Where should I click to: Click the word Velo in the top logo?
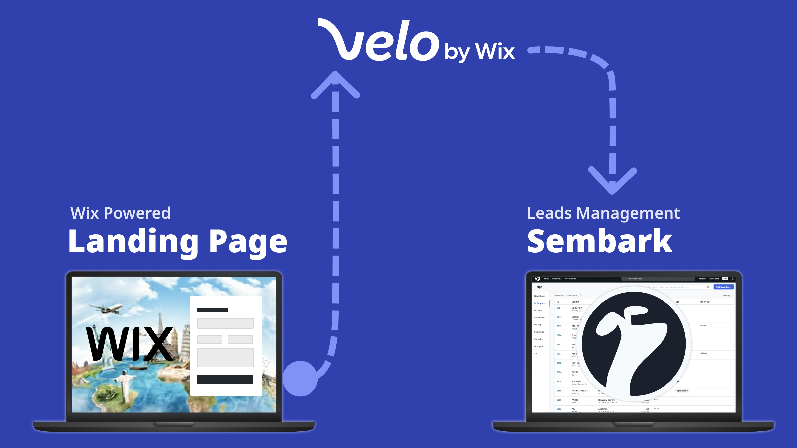point(379,42)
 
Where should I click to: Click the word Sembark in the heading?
point(600,241)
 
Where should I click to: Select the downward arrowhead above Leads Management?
point(612,181)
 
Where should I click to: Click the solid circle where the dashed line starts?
point(300,378)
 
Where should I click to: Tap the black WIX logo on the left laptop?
point(130,343)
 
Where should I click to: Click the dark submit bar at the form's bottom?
point(225,379)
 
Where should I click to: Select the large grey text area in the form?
point(225,358)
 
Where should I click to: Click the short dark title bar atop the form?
point(213,310)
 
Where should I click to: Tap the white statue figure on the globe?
point(123,385)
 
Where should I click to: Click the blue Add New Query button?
point(723,287)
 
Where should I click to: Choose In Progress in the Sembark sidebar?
point(540,303)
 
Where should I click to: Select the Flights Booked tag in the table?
point(682,391)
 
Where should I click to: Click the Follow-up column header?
point(704,302)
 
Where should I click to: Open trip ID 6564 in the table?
point(559,308)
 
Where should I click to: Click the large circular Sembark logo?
point(634,344)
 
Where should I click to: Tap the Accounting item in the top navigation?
point(570,279)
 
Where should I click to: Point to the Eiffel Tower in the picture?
point(160,324)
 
